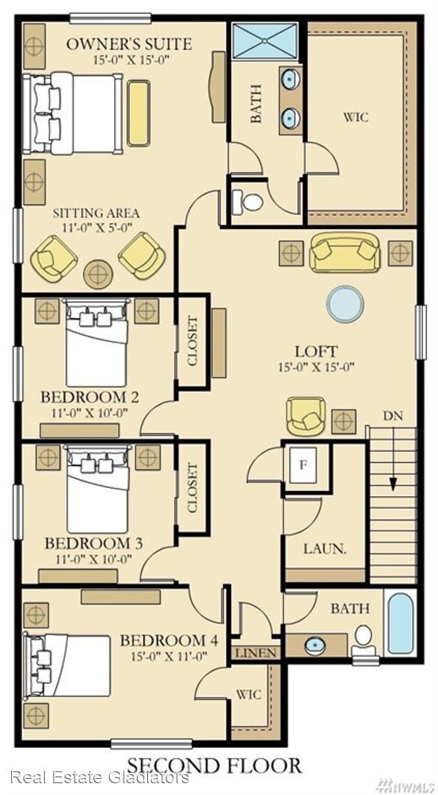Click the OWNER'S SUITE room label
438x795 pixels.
(130, 43)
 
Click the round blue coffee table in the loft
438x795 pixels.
(345, 303)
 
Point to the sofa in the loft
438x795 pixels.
(345, 252)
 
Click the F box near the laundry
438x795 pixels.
(303, 464)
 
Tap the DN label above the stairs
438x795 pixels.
(393, 417)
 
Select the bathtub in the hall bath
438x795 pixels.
(401, 623)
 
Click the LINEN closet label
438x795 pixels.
(256, 653)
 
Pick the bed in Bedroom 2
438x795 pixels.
(96, 343)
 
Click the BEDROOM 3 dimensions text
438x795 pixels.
(93, 559)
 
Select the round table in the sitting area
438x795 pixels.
(98, 275)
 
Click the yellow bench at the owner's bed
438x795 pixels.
(138, 113)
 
